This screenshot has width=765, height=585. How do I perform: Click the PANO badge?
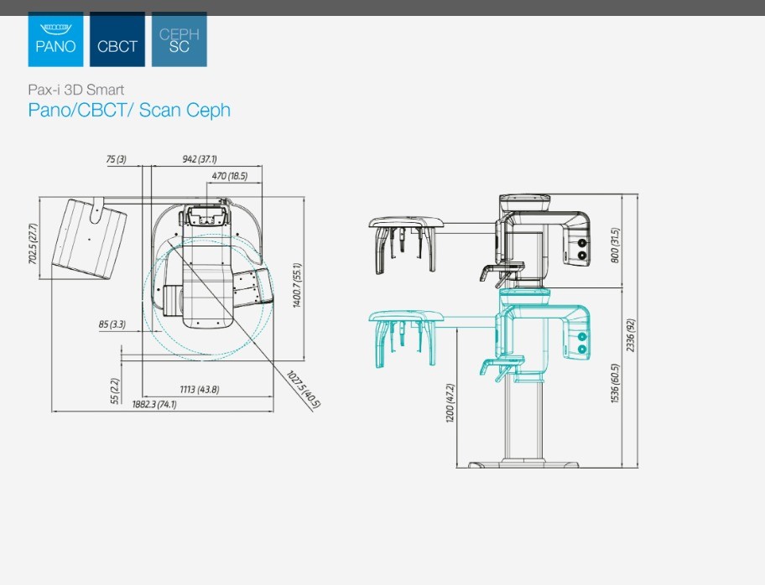pyautogui.click(x=55, y=39)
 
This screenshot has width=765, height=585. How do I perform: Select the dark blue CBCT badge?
pyautogui.click(x=117, y=39)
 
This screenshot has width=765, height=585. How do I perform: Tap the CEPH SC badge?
pyautogui.click(x=179, y=39)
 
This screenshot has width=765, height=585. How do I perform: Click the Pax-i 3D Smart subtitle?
pyautogui.click(x=76, y=90)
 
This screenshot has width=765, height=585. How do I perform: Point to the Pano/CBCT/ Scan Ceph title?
pyautogui.click(x=129, y=110)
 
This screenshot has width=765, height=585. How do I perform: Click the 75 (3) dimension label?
pyautogui.click(x=116, y=159)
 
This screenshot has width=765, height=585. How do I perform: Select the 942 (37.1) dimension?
pyautogui.click(x=200, y=159)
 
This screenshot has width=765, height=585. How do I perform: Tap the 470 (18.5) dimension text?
pyautogui.click(x=229, y=176)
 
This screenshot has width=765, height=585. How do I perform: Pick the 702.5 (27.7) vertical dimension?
pyautogui.click(x=33, y=244)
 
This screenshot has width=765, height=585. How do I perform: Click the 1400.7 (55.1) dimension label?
pyautogui.click(x=297, y=286)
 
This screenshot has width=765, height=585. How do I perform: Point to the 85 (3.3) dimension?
pyautogui.click(x=112, y=324)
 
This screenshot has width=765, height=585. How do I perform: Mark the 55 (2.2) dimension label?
pyautogui.click(x=115, y=391)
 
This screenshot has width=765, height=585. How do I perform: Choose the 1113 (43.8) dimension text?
pyautogui.click(x=200, y=390)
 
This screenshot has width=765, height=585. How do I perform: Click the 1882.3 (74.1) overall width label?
pyautogui.click(x=154, y=404)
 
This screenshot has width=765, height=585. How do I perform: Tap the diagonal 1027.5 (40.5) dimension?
pyautogui.click(x=303, y=390)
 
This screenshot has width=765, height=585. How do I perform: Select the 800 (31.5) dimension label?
pyautogui.click(x=615, y=246)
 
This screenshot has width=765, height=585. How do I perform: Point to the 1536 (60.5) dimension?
pyautogui.click(x=615, y=383)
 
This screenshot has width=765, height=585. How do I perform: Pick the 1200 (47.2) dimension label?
pyautogui.click(x=450, y=403)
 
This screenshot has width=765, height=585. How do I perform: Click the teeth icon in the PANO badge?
pyautogui.click(x=55, y=28)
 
